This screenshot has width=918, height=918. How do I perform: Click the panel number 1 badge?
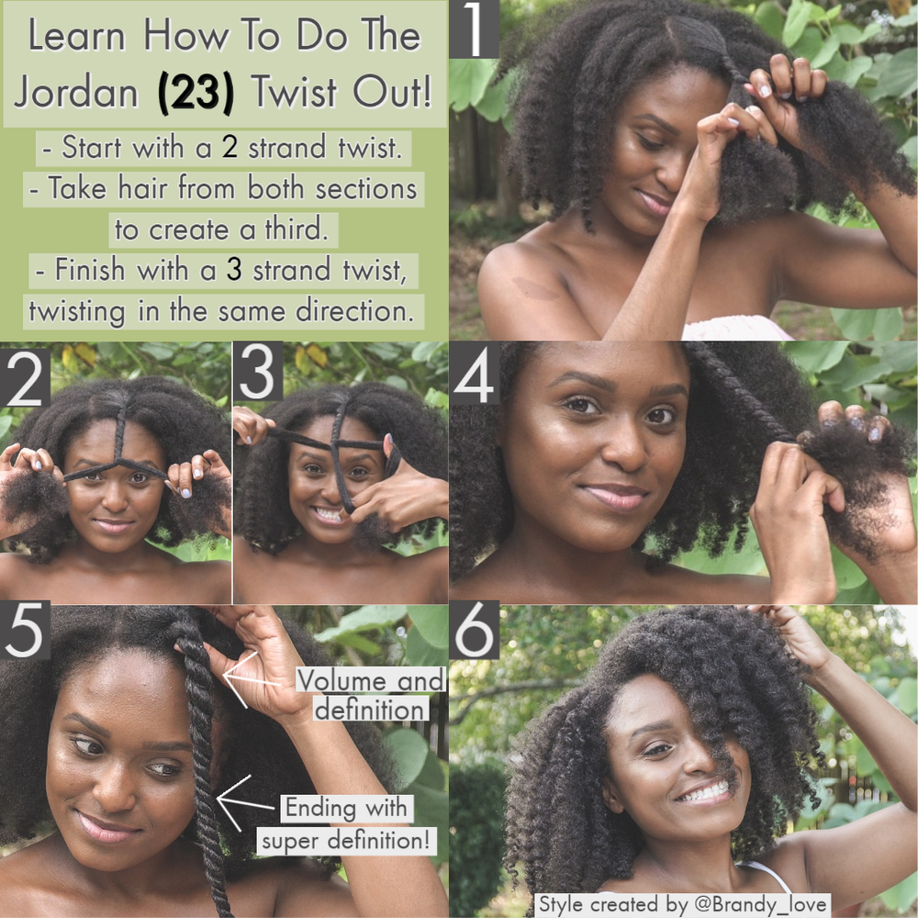click(474, 28)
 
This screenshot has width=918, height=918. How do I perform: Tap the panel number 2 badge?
click(25, 377)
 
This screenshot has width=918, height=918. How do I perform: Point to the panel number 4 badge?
click(475, 374)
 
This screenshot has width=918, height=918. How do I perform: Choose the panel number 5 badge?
click(25, 632)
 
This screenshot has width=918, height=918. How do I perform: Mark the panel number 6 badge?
click(475, 630)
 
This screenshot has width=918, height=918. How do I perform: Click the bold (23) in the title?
click(196, 92)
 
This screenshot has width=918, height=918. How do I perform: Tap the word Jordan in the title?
click(75, 92)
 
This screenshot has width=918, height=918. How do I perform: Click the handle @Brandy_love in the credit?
click(760, 903)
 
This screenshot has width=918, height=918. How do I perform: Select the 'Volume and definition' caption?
click(371, 695)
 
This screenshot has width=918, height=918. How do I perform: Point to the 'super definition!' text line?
click(346, 841)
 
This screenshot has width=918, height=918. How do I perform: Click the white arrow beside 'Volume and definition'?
click(251, 679)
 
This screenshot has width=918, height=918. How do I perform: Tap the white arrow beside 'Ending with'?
click(245, 802)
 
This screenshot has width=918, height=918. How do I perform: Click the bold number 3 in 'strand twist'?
click(234, 270)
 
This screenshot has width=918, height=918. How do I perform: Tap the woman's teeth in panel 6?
click(704, 792)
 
